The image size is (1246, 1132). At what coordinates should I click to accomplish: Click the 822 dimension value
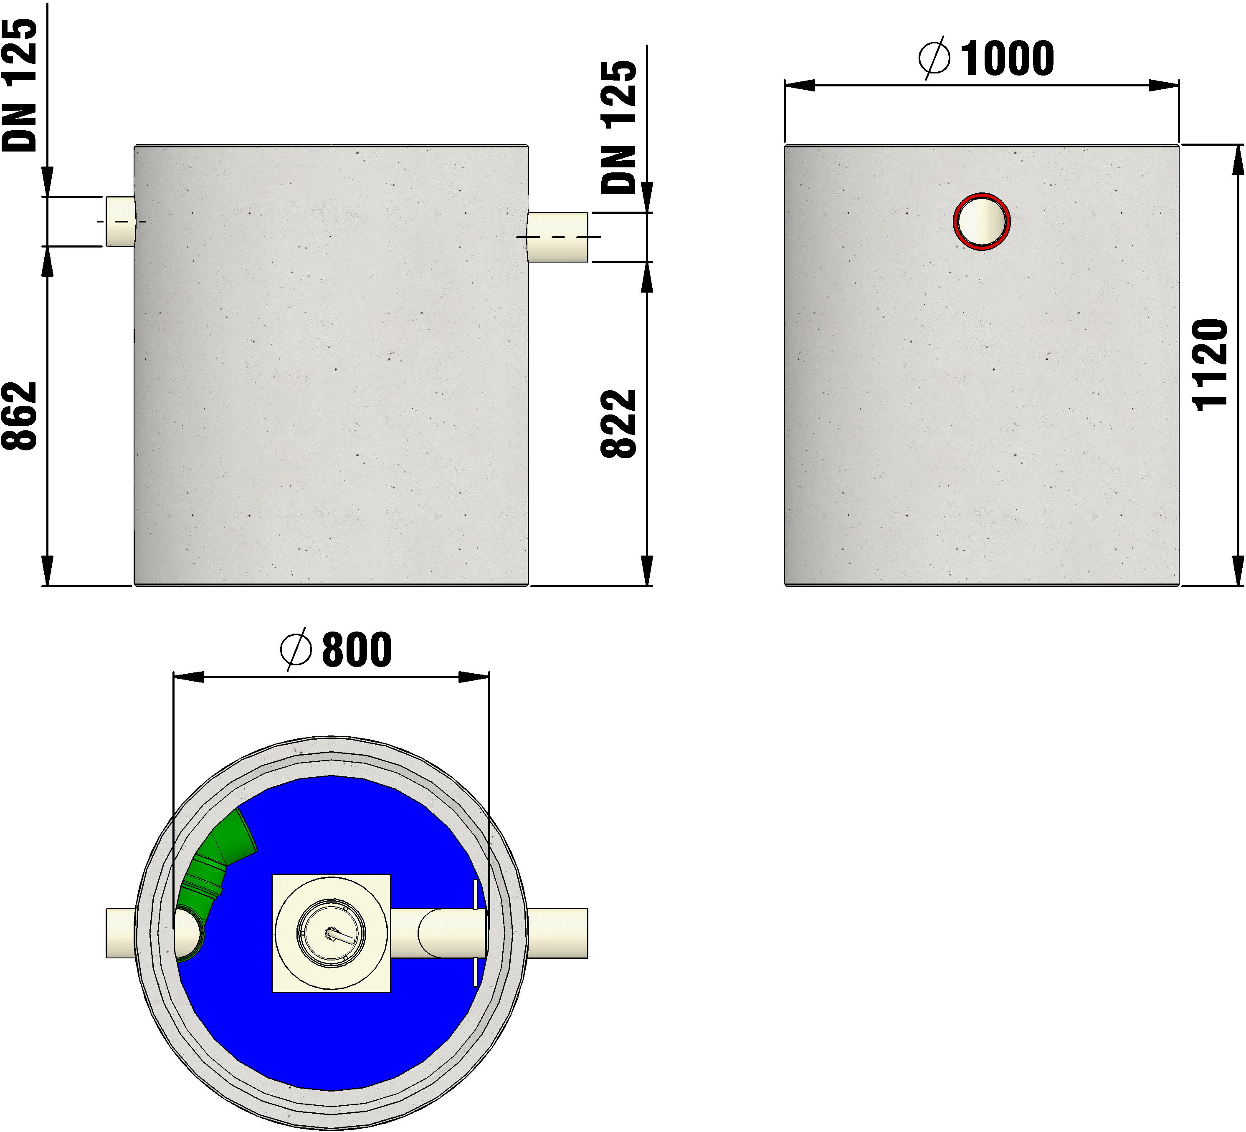point(619,424)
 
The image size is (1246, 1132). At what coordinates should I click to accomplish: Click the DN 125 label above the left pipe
point(20,85)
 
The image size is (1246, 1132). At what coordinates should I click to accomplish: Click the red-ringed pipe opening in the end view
point(981,221)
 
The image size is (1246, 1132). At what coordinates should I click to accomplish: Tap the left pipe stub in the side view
point(121,221)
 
